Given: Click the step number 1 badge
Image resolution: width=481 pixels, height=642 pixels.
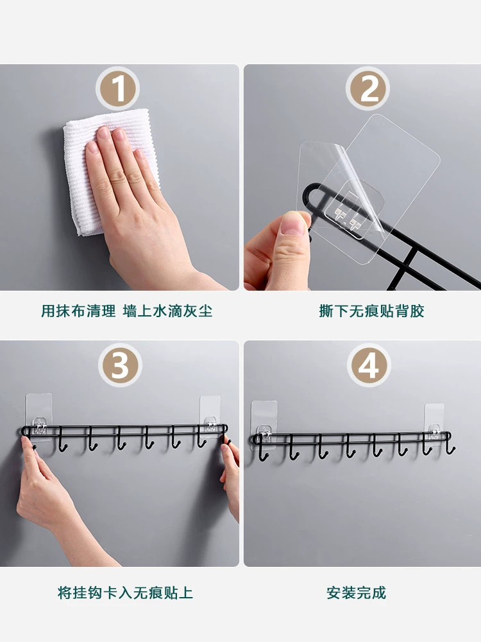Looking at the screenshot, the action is click(118, 89).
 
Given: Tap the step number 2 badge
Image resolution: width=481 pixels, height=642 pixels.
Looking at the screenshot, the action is click(367, 89).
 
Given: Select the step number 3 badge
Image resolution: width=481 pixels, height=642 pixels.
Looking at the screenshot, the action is click(120, 365).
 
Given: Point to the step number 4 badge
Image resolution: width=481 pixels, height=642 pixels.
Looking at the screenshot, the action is click(369, 365).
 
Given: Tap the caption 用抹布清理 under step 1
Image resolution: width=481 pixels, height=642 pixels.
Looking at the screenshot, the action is click(78, 311).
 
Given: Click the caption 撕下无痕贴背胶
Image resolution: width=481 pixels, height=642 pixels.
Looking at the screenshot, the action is click(371, 311).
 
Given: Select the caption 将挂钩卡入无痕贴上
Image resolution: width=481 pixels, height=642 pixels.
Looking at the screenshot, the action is click(125, 593).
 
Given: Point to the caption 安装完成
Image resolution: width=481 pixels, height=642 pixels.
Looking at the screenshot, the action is click(356, 593).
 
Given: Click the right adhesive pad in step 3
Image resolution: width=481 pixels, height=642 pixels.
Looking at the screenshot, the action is click(210, 415).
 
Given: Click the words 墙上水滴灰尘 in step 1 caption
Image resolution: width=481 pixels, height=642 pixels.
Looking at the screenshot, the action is click(167, 311).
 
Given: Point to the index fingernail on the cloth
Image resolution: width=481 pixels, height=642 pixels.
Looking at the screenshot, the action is click(103, 133).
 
